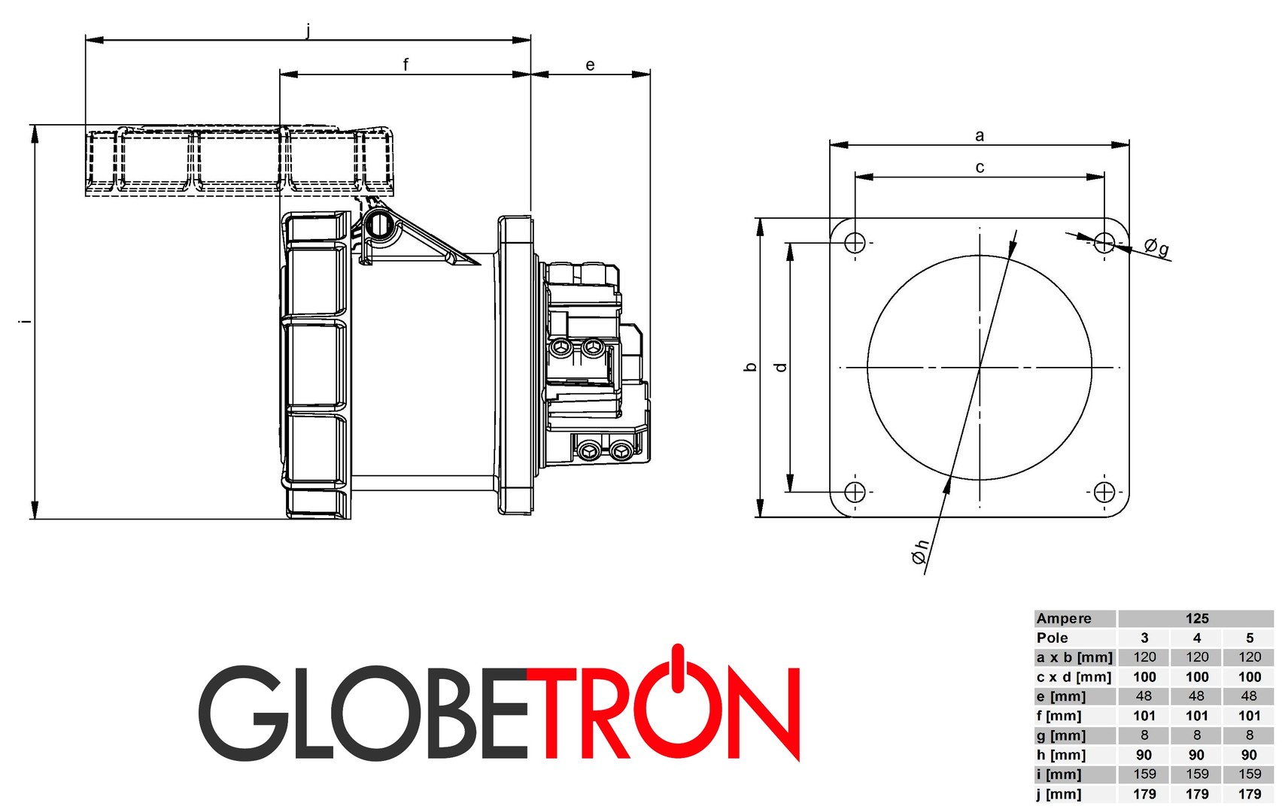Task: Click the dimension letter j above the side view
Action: tap(308, 31)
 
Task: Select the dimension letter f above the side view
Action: tap(406, 65)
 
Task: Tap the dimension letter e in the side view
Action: tap(590, 65)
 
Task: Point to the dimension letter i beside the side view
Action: tap(25, 321)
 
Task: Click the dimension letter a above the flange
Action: tap(980, 135)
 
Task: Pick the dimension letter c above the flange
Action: tap(980, 167)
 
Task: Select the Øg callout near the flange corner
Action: tap(1156, 247)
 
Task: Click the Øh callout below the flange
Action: tap(920, 553)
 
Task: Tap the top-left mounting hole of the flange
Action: tap(855, 243)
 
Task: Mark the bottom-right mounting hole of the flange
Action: tap(1104, 492)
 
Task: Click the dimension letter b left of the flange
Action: tap(750, 367)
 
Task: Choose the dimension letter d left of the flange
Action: tap(781, 367)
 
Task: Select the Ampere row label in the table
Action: tap(1064, 618)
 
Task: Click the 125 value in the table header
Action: tap(1196, 618)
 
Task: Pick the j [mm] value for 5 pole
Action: tap(1249, 794)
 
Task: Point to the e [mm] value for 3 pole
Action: tap(1144, 696)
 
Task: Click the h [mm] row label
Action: tap(1061, 755)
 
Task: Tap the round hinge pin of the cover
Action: tap(379, 223)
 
